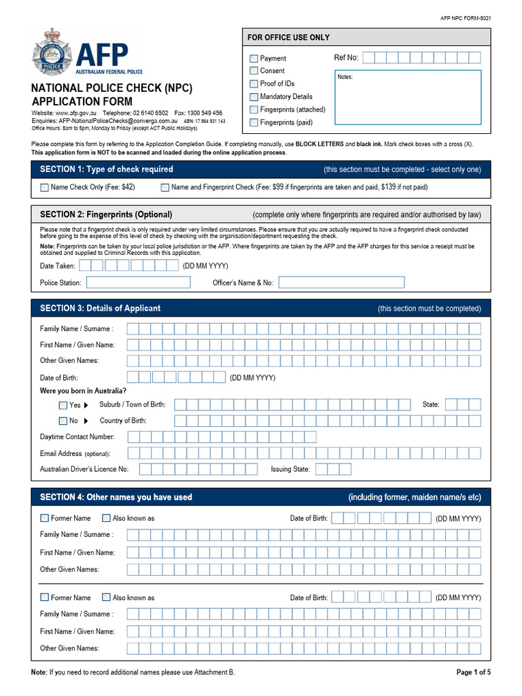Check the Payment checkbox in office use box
254,58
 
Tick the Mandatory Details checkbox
254,97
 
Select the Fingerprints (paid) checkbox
254,123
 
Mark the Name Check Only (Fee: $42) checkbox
45,187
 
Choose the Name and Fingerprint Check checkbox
165,187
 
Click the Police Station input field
128,282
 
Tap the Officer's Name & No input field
341,282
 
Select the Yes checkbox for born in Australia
63,405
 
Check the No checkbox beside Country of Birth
63,421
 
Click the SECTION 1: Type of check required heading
107,169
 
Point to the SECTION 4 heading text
116,498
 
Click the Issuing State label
290,469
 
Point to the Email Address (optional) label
75,453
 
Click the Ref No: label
346,58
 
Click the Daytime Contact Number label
77,437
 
